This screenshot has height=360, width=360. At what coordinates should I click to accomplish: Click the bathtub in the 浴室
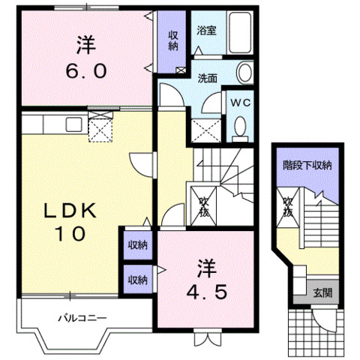coord(240,32)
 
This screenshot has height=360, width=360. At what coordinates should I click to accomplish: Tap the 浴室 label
coord(206,31)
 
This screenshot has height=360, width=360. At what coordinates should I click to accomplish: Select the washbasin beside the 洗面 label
coord(244,73)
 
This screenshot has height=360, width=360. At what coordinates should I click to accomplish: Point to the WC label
coord(240,103)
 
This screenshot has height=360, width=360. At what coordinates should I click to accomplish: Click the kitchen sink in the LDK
coord(73,124)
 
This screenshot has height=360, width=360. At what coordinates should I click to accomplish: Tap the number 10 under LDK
coord(71,233)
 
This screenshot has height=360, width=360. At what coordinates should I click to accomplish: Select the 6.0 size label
coord(86,70)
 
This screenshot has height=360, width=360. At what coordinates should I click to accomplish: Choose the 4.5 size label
coord(207,292)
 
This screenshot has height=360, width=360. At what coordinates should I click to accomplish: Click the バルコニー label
coord(82,318)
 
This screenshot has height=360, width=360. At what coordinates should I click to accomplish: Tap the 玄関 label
coord(322,292)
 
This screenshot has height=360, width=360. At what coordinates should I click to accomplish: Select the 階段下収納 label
coord(307,165)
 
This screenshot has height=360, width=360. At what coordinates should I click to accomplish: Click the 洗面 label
coord(207,79)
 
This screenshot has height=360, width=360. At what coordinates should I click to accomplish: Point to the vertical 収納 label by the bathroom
coord(172,40)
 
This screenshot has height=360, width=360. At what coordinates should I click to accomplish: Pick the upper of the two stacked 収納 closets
coord(138,245)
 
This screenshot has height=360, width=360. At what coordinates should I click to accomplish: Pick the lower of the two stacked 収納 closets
coord(138,279)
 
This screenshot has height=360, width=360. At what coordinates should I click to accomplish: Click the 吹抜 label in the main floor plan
coord(204,208)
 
